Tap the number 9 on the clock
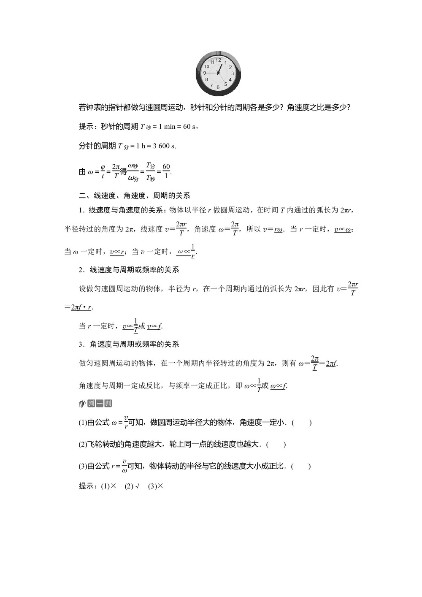(205, 73)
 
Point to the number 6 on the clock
(218, 87)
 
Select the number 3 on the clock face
(233, 73)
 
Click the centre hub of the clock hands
(218, 73)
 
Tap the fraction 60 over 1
(166, 171)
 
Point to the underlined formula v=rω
(279, 230)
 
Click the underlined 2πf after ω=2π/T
(332, 364)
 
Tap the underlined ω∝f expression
(279, 386)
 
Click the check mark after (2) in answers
(138, 486)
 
